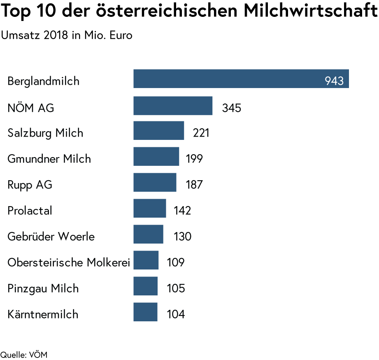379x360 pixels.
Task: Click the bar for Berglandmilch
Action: [x=241, y=79]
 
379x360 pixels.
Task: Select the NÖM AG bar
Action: [x=173, y=106]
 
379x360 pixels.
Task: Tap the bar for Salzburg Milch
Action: [x=159, y=130]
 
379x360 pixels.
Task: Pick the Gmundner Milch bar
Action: [x=156, y=156]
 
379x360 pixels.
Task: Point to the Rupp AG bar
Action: [x=155, y=182]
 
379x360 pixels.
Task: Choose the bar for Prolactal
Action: [x=150, y=208]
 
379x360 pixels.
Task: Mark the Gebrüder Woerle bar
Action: [x=148, y=234]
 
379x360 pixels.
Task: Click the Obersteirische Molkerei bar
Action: [x=146, y=260]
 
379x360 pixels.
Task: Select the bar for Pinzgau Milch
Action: [x=145, y=286]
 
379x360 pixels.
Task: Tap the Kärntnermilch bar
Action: [x=145, y=312]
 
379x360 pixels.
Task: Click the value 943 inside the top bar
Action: [x=334, y=81]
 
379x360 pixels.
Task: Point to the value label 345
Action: [x=231, y=108]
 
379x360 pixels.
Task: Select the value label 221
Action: [x=201, y=133]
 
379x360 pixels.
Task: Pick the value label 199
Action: [x=194, y=159]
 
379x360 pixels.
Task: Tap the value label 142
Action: [x=182, y=211]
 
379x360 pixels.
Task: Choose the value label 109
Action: [x=175, y=262]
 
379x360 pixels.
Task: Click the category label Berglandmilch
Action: [x=43, y=81]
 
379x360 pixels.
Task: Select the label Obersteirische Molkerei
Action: [x=69, y=262]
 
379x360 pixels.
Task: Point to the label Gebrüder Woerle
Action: [x=51, y=237]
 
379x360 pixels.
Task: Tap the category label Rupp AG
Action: [x=30, y=185]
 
